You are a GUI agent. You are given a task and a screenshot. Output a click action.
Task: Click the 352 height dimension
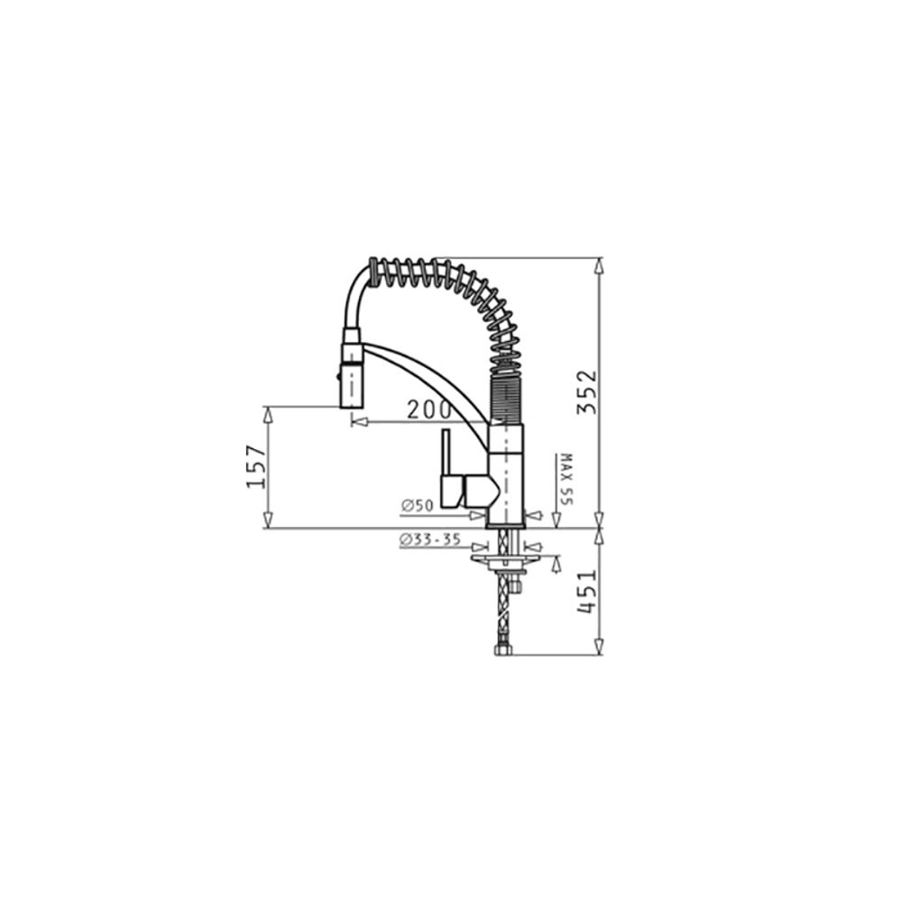tap(587, 392)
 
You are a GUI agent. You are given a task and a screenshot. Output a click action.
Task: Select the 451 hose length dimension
tap(587, 592)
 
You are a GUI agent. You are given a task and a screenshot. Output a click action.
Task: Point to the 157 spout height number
tap(256, 466)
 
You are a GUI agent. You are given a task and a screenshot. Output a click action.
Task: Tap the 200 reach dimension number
tap(429, 410)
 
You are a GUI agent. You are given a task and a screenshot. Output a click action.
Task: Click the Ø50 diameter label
tap(417, 506)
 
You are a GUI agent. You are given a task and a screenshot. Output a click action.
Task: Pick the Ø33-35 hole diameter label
tap(429, 539)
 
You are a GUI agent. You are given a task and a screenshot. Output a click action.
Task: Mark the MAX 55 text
tap(566, 479)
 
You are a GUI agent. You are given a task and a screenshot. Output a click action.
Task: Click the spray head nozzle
tap(352, 385)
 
